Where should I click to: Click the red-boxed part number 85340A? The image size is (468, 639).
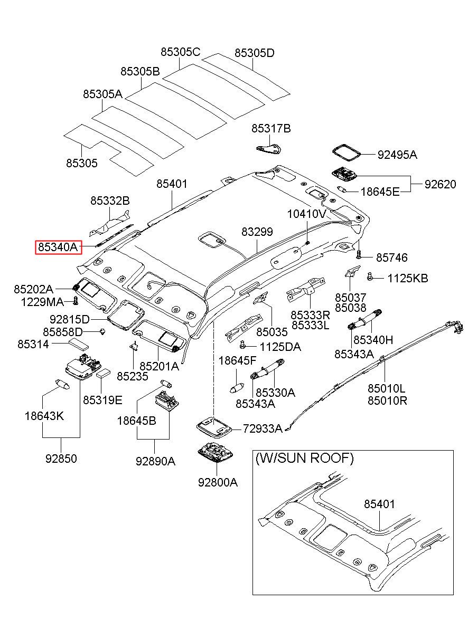tap(58, 247)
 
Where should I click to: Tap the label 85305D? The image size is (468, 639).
tap(255, 53)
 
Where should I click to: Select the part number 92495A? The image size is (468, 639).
tap(397, 155)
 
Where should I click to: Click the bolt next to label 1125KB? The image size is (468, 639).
tap(370, 276)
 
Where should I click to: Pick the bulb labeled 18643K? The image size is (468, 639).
tap(63, 384)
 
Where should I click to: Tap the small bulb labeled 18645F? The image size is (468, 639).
tap(237, 388)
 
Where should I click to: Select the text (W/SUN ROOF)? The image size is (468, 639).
tap(304, 458)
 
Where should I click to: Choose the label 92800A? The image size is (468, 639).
tap(218, 482)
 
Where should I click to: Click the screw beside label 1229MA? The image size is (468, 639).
tap(76, 301)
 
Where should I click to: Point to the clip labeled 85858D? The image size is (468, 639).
tap(102, 332)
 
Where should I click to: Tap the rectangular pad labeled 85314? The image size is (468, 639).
tap(78, 344)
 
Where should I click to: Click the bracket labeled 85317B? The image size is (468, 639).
tap(268, 149)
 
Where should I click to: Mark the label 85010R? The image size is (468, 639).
tap(387, 401)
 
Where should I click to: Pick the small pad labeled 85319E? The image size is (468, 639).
tap(104, 373)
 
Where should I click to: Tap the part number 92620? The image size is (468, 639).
tap(441, 184)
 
